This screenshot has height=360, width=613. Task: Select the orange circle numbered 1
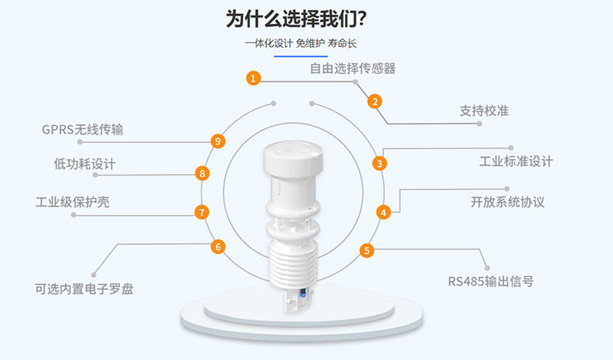tap(254, 78)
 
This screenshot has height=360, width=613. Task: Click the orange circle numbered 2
tap(375, 102)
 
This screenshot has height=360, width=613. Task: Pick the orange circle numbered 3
tap(379, 163)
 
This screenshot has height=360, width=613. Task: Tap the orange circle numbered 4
tap(383, 212)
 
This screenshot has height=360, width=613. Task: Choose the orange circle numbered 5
tap(366, 252)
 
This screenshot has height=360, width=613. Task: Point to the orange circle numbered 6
tap(218, 247)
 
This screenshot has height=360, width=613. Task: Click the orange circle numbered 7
tap(202, 212)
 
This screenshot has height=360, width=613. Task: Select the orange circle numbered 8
tap(202, 173)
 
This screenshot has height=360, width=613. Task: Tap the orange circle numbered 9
tap(218, 141)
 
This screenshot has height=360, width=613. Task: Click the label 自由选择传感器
tap(353, 68)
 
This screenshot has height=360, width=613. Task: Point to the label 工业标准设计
tap(516, 161)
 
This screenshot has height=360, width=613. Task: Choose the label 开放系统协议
tap(507, 201)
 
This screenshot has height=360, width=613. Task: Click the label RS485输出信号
tap(491, 281)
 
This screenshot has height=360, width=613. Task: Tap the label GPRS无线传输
tap(83, 129)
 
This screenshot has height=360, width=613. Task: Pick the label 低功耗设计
tap(85, 164)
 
